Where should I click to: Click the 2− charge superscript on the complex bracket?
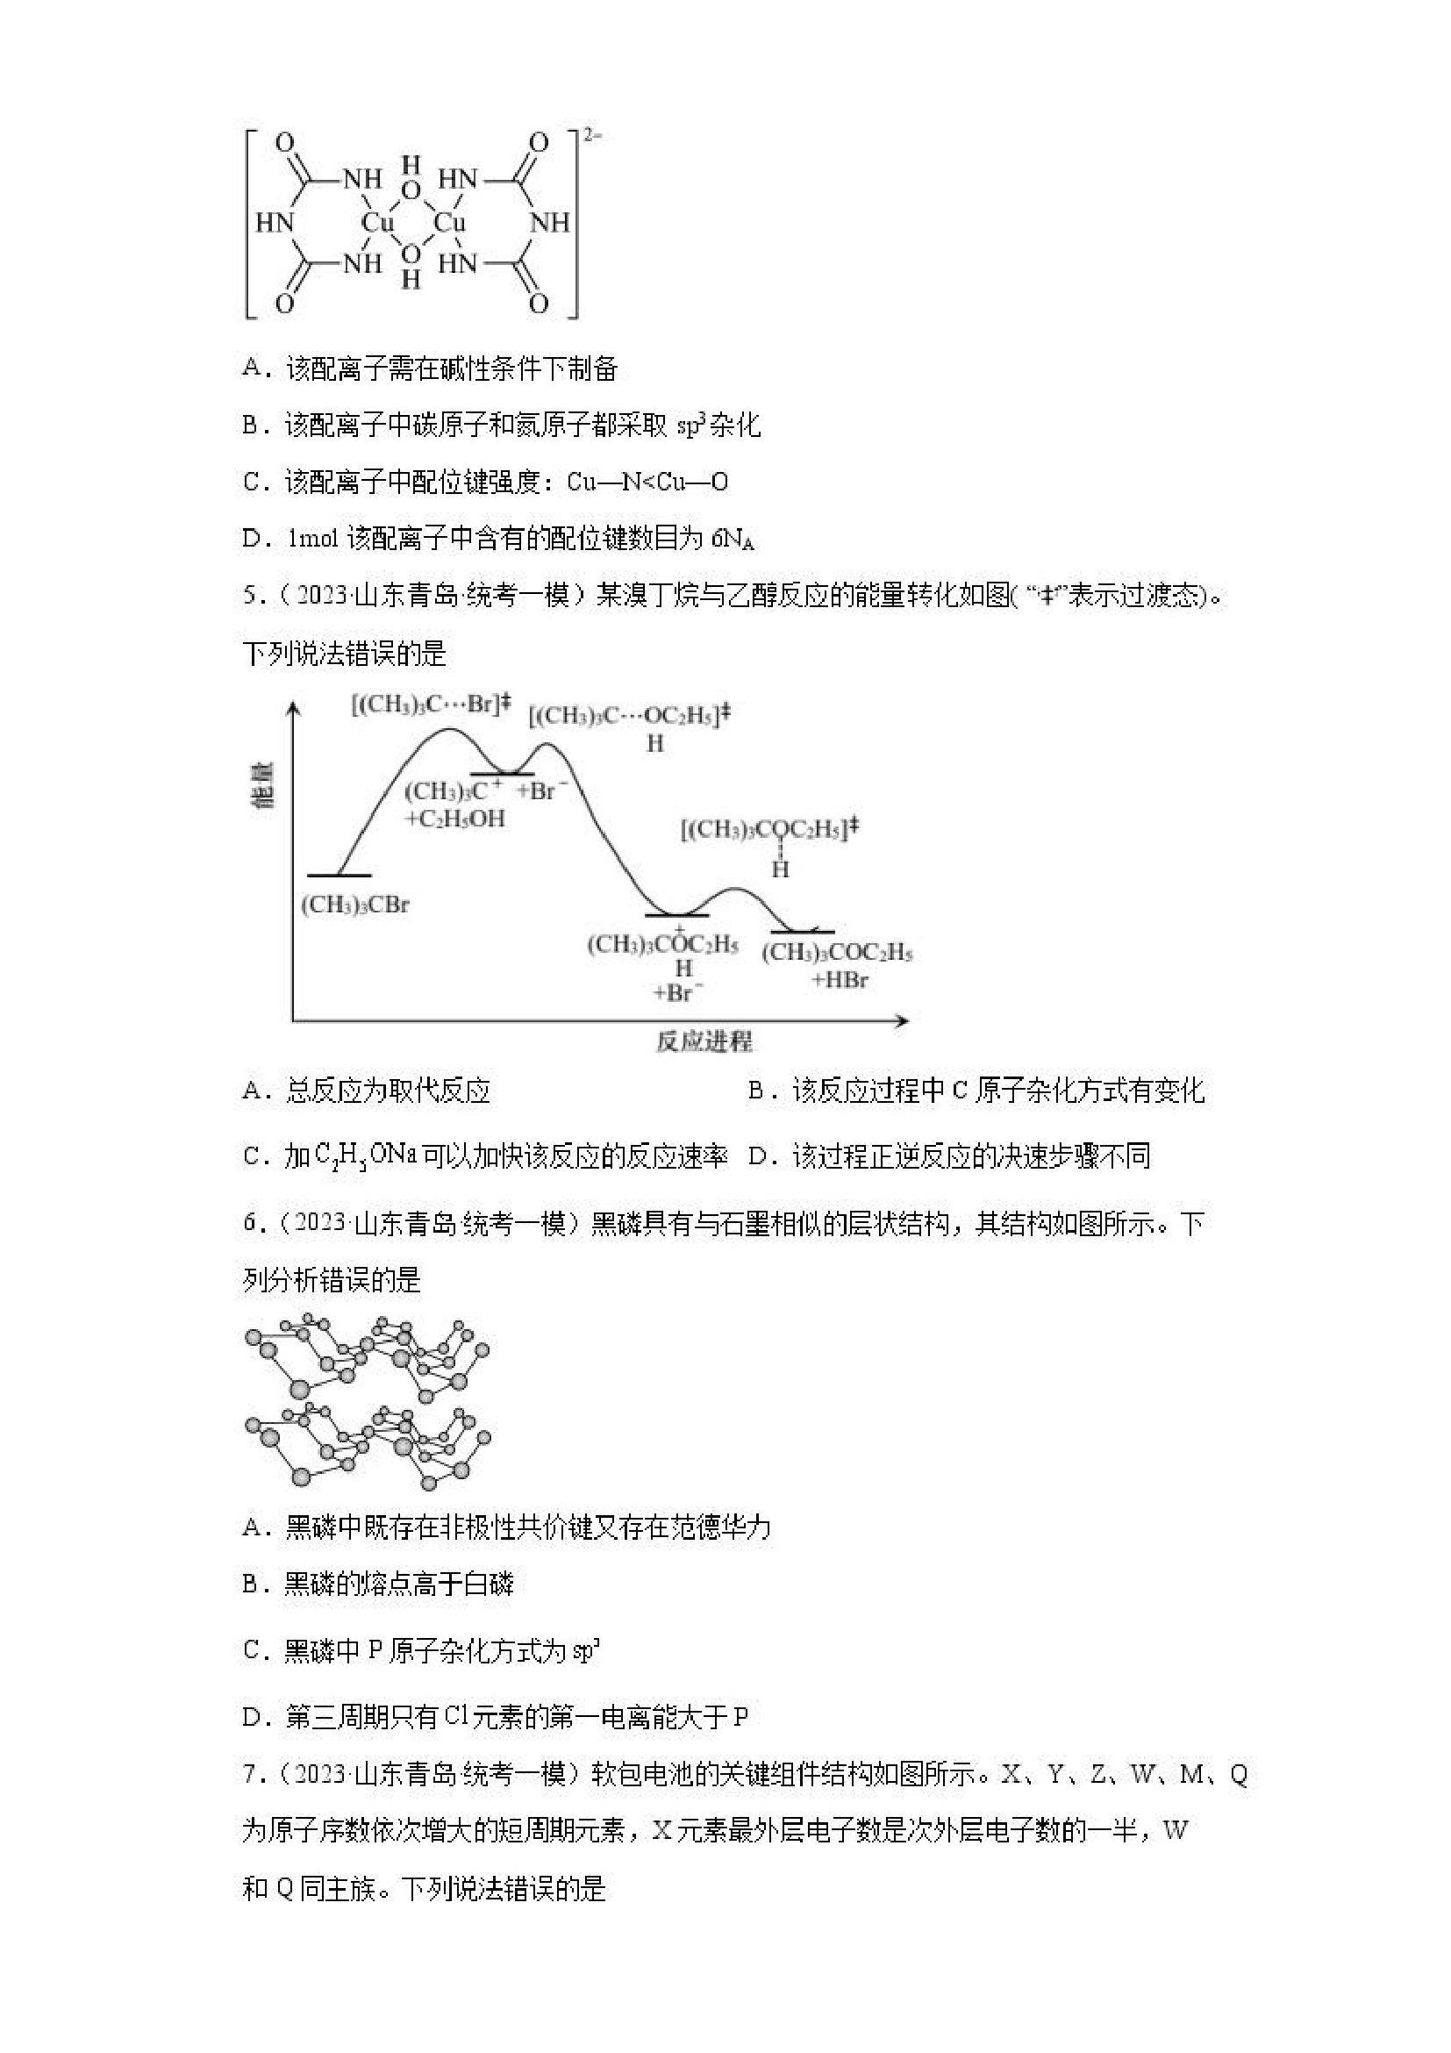pyautogui.click(x=593, y=135)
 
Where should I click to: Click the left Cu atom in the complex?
pyautogui.click(x=377, y=223)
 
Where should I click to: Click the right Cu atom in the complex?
pyautogui.click(x=449, y=223)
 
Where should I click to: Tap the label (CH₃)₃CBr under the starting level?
pyautogui.click(x=355, y=905)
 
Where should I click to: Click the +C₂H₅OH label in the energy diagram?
pyautogui.click(x=455, y=819)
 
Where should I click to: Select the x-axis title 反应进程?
pyautogui.click(x=704, y=1041)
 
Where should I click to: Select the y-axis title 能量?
pyautogui.click(x=264, y=786)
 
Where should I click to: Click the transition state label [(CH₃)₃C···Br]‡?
pyautogui.click(x=430, y=704)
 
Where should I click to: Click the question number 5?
pyautogui.click(x=249, y=596)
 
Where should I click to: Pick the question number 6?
pyautogui.click(x=249, y=1223)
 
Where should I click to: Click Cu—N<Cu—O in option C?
pyautogui.click(x=647, y=483)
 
